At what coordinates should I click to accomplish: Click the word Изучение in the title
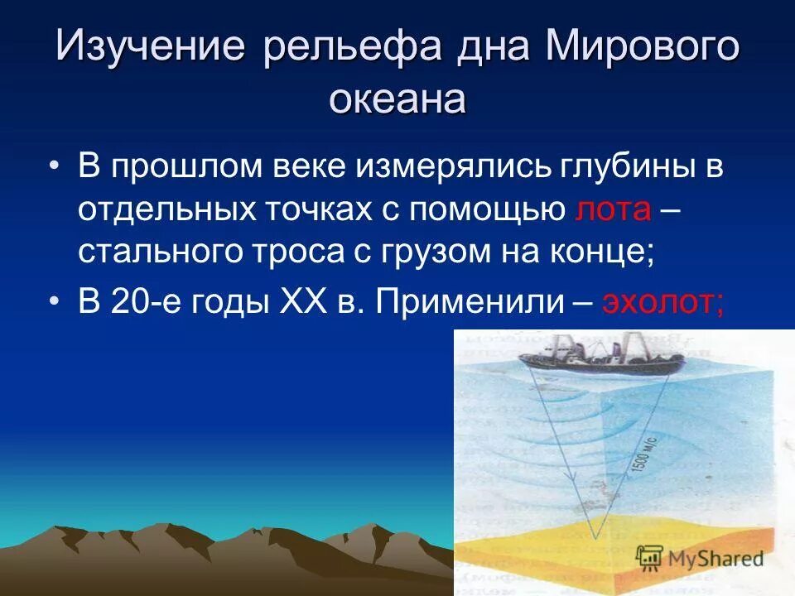[150, 47]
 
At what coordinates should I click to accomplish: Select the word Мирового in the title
[641, 47]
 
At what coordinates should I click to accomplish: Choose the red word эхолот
[663, 302]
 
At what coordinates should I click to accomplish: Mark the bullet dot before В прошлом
[55, 168]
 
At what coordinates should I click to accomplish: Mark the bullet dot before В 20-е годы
[55, 303]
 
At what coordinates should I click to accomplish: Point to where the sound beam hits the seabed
[595, 536]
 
